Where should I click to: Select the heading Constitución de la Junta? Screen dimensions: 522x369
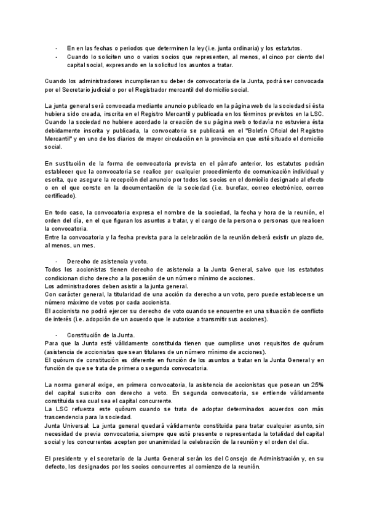pyautogui.click(x=101, y=334)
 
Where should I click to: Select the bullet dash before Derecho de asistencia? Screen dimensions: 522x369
pyautogui.click(x=57, y=261)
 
